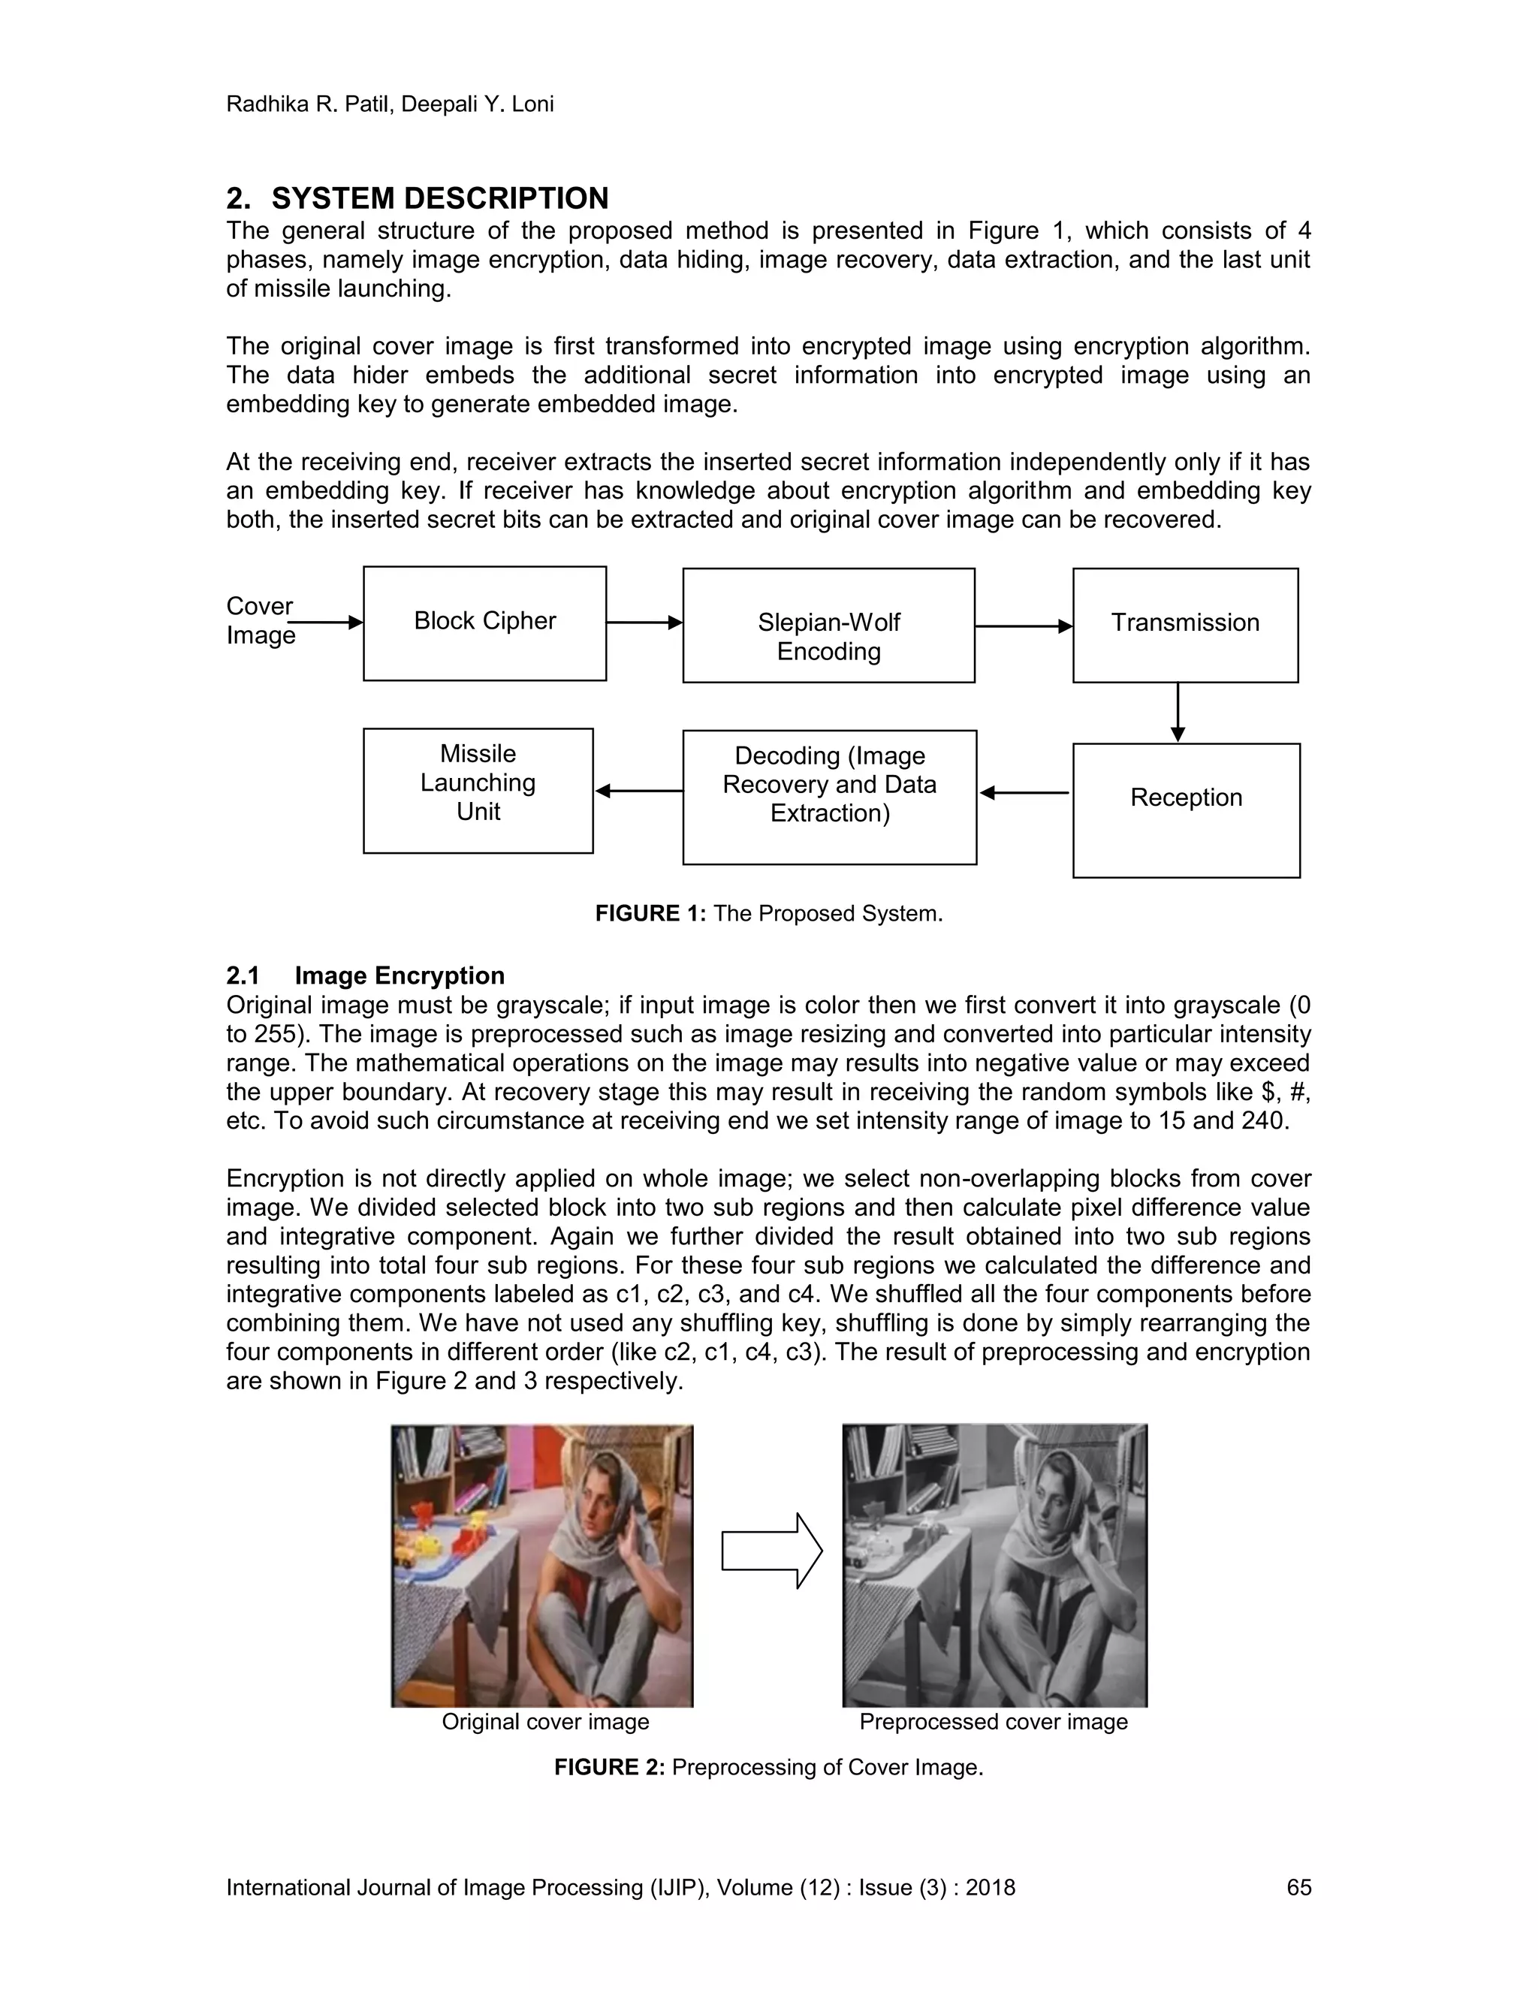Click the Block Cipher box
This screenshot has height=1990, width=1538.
tap(484, 623)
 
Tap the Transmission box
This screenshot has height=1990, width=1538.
tap(1184, 625)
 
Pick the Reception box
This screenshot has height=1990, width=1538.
tap(1185, 810)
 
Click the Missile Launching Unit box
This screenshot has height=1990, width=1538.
tap(478, 790)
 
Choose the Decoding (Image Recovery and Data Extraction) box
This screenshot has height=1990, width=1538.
tap(829, 796)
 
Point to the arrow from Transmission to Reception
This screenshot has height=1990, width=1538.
tap(1178, 712)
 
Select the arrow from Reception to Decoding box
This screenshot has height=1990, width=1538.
tap(1024, 793)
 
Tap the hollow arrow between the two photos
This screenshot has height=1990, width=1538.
tap(771, 1551)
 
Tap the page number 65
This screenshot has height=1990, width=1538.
tap(1298, 1887)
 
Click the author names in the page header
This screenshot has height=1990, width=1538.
tap(390, 104)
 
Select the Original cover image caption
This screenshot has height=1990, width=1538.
tap(545, 1721)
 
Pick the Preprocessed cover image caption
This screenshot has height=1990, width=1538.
tap(993, 1721)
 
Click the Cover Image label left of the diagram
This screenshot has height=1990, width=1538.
tap(260, 620)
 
